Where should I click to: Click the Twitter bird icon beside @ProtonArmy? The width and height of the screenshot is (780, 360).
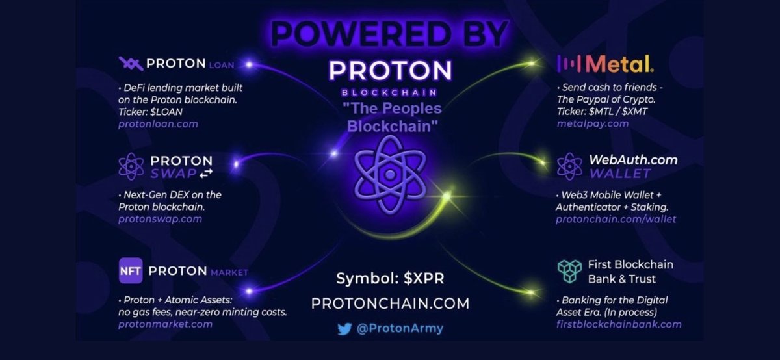(x=344, y=329)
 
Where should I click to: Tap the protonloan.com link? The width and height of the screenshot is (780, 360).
(x=158, y=123)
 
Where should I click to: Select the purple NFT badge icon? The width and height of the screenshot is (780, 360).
(x=131, y=270)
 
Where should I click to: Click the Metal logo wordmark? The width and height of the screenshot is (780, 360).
(x=606, y=64)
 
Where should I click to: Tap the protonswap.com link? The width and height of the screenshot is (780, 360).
(x=160, y=219)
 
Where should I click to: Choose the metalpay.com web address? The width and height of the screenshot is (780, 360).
(x=593, y=123)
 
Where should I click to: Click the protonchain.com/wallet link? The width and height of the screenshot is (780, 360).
(x=616, y=219)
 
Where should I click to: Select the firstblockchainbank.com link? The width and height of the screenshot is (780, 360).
(x=619, y=324)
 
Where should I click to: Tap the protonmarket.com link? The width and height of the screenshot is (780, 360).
(x=165, y=324)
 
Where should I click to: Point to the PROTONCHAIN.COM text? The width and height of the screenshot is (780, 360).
(x=390, y=303)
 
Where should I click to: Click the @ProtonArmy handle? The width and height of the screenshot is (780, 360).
(x=399, y=329)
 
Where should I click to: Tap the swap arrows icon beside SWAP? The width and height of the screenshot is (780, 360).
(x=205, y=174)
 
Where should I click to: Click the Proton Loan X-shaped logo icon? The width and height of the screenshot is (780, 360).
(x=131, y=64)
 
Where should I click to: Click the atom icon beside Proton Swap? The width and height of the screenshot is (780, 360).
(x=131, y=166)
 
